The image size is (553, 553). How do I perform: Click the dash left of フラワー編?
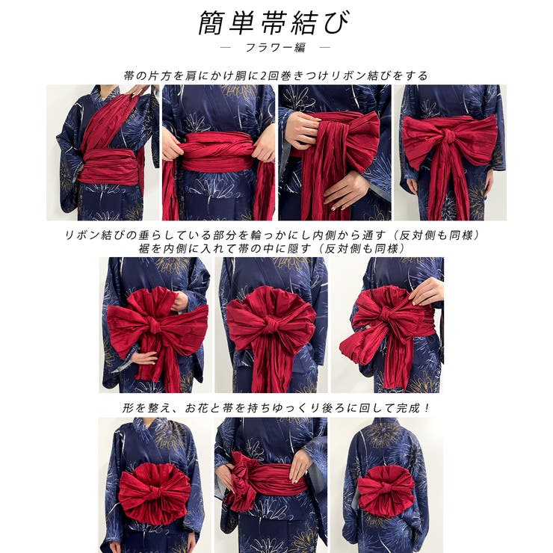coord(228,48)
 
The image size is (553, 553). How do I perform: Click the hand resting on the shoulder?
coord(138,90)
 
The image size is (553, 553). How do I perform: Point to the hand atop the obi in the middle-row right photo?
coord(427,292)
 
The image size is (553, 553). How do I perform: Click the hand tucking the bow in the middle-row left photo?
coord(179,302)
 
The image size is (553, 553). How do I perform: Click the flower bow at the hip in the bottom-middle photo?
coord(243,478)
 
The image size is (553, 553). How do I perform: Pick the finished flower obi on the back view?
coord(386,490)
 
